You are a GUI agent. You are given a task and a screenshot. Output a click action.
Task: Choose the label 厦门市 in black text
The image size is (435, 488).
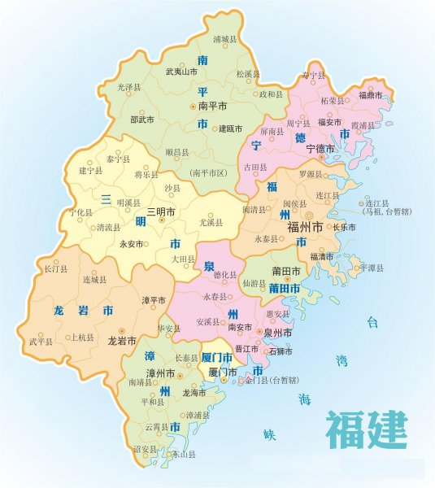(x=222, y=372)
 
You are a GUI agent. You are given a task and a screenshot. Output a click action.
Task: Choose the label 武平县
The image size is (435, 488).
(x=41, y=342)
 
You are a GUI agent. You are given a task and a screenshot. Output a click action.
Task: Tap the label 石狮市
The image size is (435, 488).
(x=281, y=352)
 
